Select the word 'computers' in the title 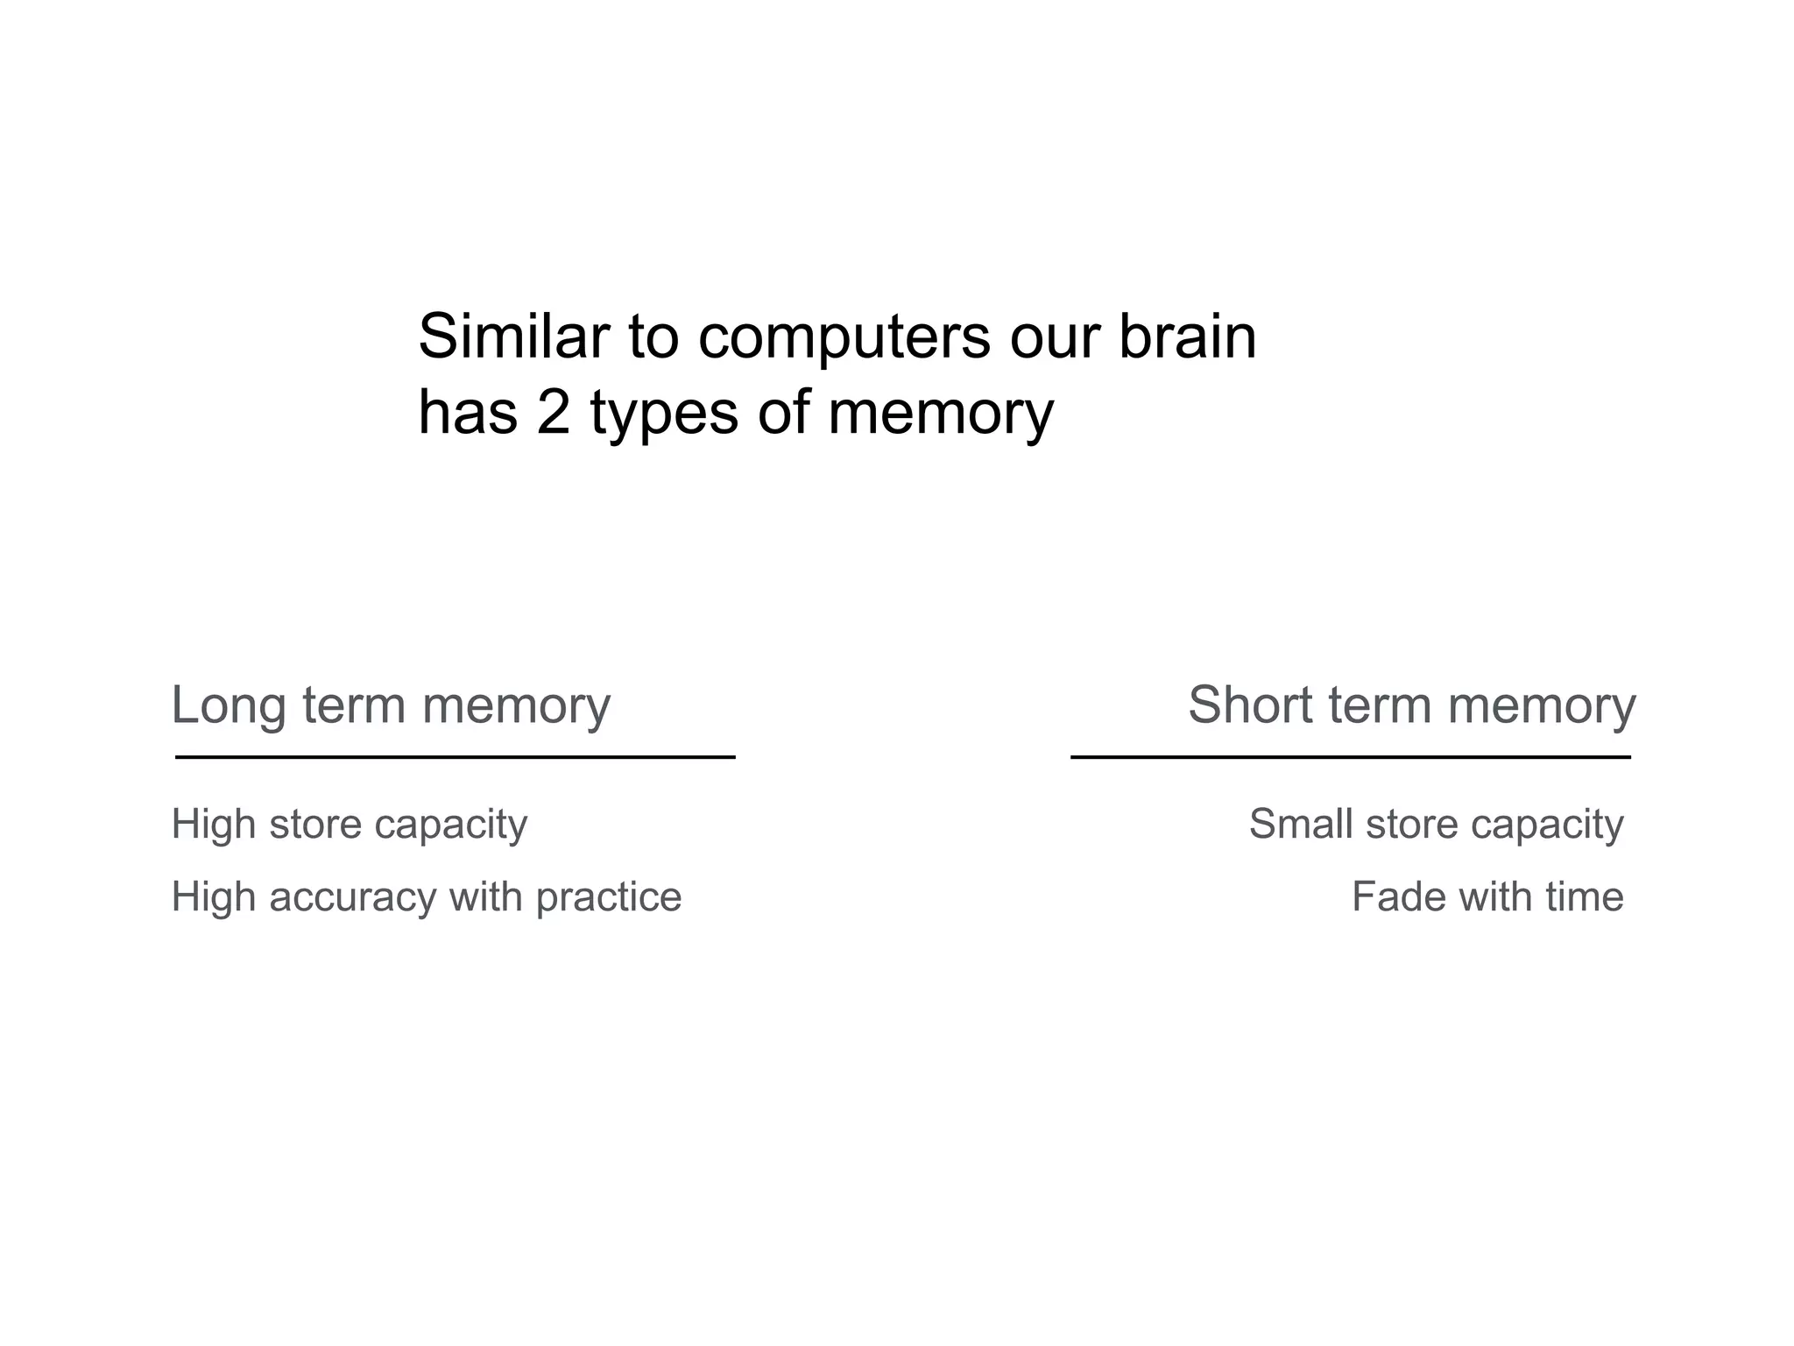click(844, 337)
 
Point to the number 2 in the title click(554, 412)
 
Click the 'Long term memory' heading click(391, 705)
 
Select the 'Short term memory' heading click(1411, 705)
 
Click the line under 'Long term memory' click(455, 756)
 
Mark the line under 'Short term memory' click(1350, 756)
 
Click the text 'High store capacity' click(350, 825)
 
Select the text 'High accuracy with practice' click(426, 897)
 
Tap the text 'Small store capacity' click(1436, 825)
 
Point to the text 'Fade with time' click(1487, 897)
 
